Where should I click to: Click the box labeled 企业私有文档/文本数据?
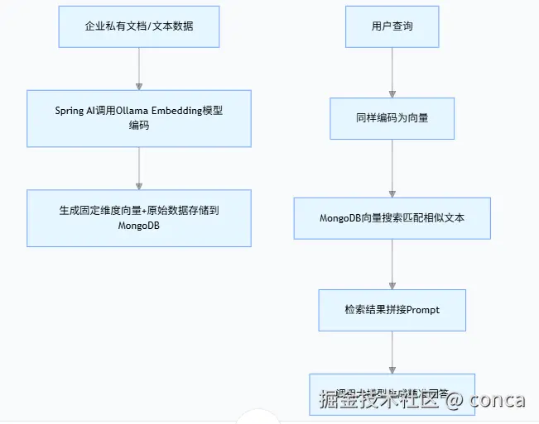coord(139,26)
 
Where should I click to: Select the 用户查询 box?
coord(392,26)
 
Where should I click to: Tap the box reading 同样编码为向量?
coord(392,118)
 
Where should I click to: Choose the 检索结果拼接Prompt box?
coord(392,309)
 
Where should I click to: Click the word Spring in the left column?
coord(70,112)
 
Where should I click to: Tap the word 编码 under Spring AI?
coord(139,126)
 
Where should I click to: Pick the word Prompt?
coord(421,309)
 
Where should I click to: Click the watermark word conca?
coord(497,400)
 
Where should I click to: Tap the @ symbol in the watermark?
coord(454,400)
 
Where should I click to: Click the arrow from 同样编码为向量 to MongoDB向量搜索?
coord(392,168)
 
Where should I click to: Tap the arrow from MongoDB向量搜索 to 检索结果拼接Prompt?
coord(392,264)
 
